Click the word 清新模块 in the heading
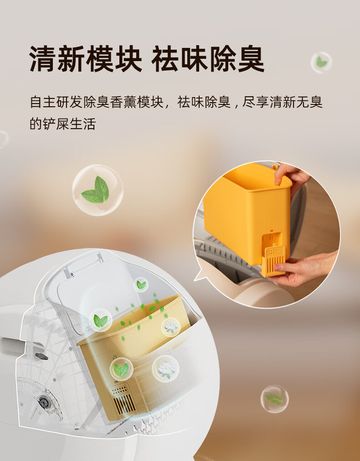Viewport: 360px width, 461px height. [x=86, y=59]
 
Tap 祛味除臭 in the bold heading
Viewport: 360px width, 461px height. [x=208, y=59]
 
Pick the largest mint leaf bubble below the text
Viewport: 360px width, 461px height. [x=98, y=190]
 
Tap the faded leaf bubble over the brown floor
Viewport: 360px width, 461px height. [x=274, y=399]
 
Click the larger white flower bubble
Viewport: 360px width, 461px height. [x=166, y=369]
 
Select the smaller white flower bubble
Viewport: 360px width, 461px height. [x=171, y=327]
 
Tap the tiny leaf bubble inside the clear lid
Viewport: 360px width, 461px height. [x=141, y=285]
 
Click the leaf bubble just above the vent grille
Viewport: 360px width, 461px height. [x=121, y=369]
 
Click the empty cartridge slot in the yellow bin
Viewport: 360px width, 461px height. [x=272, y=242]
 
